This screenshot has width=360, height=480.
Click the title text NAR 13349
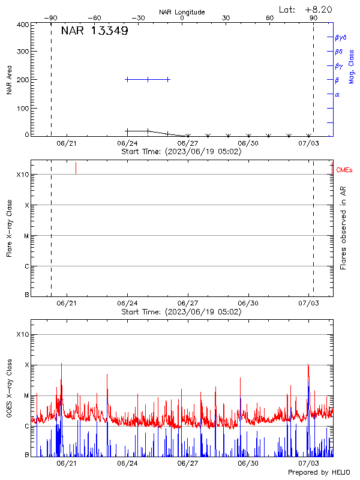[94, 31]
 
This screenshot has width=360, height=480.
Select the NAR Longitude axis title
[182, 11]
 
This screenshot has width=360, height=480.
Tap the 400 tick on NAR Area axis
[23, 25]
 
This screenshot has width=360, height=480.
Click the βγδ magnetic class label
[340, 37]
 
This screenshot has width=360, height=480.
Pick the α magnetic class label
[337, 94]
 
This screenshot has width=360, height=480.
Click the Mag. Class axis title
[352, 66]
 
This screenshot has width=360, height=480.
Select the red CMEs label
[344, 170]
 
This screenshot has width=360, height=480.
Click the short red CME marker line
[76, 168]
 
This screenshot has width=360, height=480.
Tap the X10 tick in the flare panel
[22, 175]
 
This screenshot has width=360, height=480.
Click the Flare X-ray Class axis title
[10, 228]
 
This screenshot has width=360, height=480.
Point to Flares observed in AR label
[343, 227]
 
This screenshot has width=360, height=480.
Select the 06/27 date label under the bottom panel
[188, 463]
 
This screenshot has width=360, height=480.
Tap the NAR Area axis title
[10, 80]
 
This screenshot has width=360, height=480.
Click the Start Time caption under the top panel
[181, 151]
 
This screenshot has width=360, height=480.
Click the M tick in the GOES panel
[26, 395]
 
